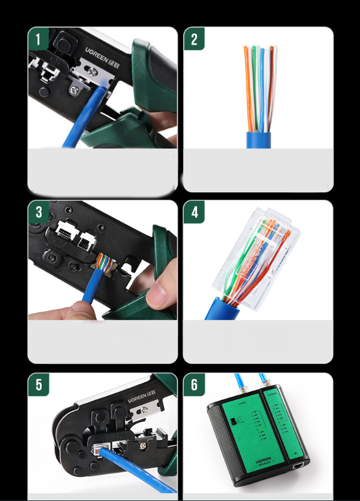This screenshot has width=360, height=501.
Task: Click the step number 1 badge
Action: (39, 40)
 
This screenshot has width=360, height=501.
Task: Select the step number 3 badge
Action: (39, 212)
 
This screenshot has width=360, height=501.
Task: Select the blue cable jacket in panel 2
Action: (259, 140)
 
